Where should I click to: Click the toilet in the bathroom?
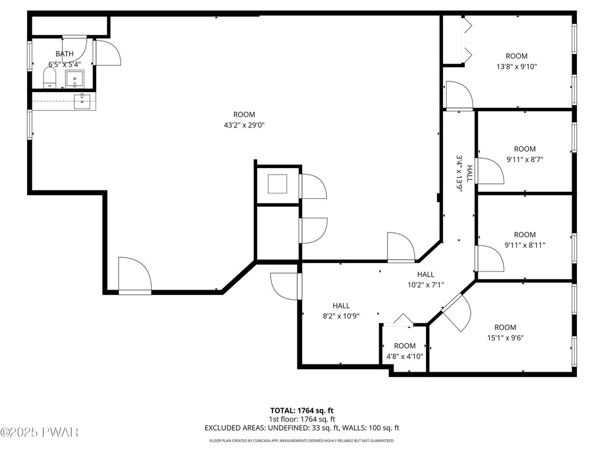click(x=50, y=78)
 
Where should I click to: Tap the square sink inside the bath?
click(x=75, y=79)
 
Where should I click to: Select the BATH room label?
click(x=64, y=54)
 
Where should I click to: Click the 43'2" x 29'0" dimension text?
click(x=244, y=125)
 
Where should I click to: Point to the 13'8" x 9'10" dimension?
click(x=517, y=66)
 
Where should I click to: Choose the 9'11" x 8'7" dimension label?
click(x=524, y=159)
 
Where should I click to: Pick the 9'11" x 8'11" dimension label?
click(x=524, y=245)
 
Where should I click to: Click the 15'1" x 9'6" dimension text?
click(x=505, y=338)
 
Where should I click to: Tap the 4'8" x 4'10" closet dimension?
click(x=405, y=356)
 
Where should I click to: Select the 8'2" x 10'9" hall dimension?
click(x=341, y=316)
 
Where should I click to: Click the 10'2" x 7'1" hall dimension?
click(x=426, y=285)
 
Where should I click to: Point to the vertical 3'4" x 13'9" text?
click(x=459, y=173)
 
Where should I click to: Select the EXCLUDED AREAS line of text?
click(x=301, y=428)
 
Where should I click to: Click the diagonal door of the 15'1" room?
click(x=456, y=313)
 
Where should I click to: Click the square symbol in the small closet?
click(x=277, y=184)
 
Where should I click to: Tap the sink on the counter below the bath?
click(x=82, y=101)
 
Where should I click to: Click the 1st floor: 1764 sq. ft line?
click(x=301, y=419)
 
